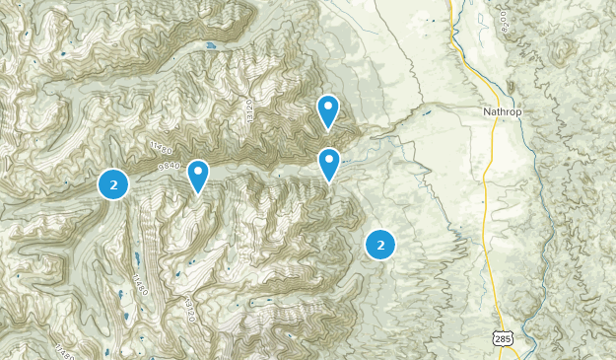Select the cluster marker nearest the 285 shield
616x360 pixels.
pyautogui.click(x=380, y=244)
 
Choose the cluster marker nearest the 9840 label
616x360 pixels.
pyautogui.click(x=114, y=183)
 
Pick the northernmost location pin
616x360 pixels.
pyautogui.click(x=328, y=110)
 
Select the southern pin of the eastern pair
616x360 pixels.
pyautogui.click(x=328, y=163)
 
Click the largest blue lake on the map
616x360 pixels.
pyautogui.click(x=210, y=45)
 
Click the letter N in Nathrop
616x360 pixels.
pyautogui.click(x=487, y=111)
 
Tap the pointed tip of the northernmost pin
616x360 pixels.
pyautogui.click(x=328, y=130)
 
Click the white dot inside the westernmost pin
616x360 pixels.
pyautogui.click(x=198, y=172)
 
